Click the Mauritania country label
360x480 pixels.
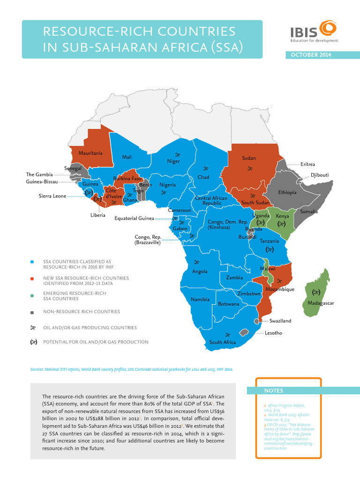(90, 153)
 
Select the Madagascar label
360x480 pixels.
(321, 303)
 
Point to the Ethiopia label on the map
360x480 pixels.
(287, 192)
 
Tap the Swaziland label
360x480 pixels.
(280, 321)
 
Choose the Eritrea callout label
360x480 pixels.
(307, 164)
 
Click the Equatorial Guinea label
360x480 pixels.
(134, 218)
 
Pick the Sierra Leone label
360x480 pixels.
(52, 196)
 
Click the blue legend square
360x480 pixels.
(32, 262)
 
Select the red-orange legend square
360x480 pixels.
(32, 278)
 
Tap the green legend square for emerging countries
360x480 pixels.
(32, 295)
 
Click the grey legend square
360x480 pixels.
(32, 312)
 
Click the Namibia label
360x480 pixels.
(199, 299)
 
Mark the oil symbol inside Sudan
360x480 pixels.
(250, 169)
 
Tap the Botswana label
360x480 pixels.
(229, 304)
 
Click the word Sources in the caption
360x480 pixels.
(37, 369)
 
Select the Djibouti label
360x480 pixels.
(320, 175)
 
